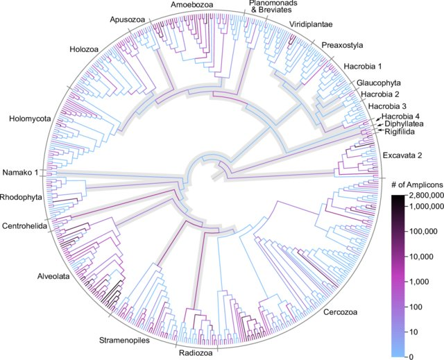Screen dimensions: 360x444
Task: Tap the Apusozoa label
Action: [x=127, y=19]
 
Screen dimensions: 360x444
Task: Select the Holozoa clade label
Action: [x=85, y=50]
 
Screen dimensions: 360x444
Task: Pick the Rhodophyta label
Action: [x=21, y=197]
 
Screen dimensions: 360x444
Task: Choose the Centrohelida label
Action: [x=24, y=225]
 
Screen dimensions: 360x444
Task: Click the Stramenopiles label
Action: [x=137, y=340]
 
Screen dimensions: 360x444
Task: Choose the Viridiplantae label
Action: [x=308, y=24]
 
